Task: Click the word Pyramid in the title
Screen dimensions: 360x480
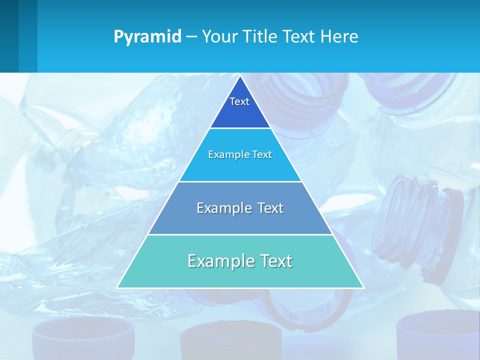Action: click(x=147, y=37)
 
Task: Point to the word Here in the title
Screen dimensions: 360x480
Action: click(x=339, y=37)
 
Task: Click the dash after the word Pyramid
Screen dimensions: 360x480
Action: click(x=191, y=37)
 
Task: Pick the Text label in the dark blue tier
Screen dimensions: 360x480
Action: click(x=239, y=101)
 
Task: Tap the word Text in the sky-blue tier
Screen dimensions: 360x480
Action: click(x=261, y=154)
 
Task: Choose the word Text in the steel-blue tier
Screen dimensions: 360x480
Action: click(x=270, y=208)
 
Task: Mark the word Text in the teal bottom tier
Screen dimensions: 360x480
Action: click(x=275, y=261)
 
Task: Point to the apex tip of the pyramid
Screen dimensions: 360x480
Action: click(x=240, y=76)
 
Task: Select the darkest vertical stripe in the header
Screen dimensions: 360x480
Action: click(x=9, y=36)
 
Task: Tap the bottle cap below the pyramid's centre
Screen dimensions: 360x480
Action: click(x=230, y=342)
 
